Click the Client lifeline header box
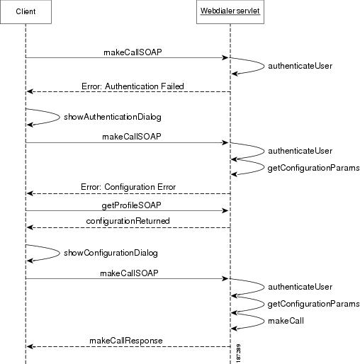point(26,12)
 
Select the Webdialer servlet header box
point(230,12)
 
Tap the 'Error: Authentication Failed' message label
point(132,86)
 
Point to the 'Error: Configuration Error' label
point(128,188)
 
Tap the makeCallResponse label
point(126,341)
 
